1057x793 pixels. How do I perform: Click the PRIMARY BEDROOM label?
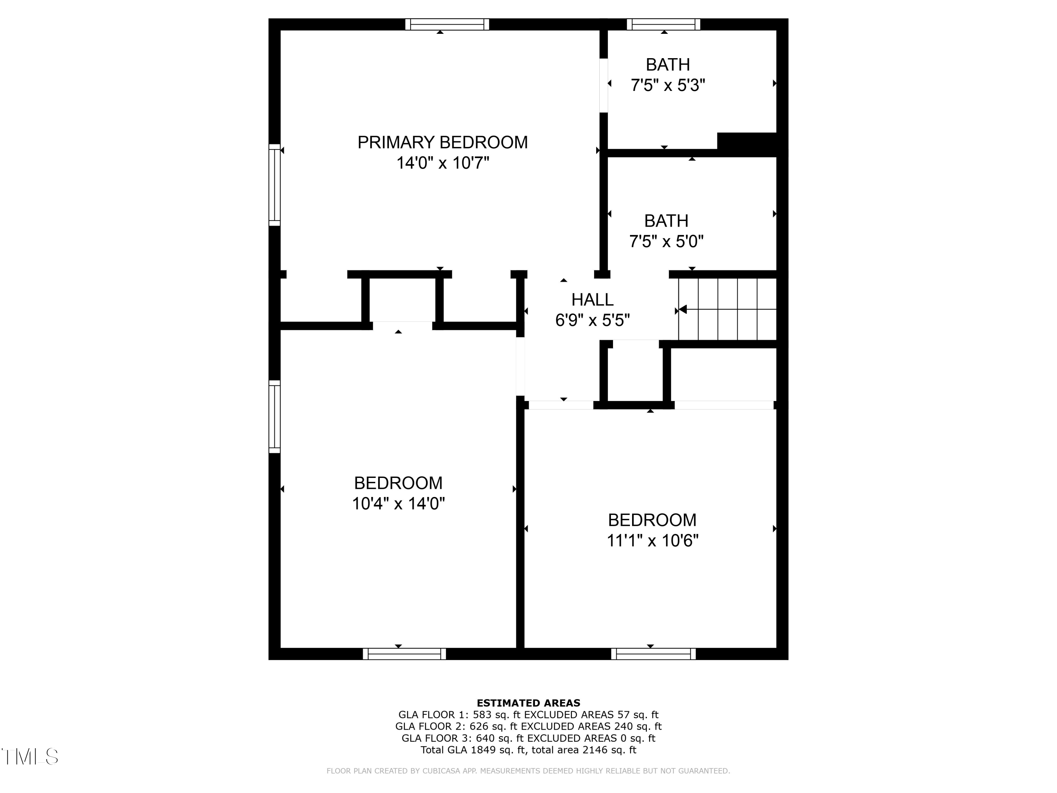pos(443,142)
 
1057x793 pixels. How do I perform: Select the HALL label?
pos(592,300)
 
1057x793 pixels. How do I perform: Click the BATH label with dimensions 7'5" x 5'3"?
pos(668,64)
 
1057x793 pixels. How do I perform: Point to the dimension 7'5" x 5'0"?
pos(666,242)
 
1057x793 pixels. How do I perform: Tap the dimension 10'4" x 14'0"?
pos(398,504)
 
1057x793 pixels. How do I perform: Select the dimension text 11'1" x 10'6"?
pos(652,541)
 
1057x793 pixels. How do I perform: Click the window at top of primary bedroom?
pos(447,24)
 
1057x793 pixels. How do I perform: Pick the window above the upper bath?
pos(663,24)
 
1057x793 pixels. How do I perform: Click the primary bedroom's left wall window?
pos(274,185)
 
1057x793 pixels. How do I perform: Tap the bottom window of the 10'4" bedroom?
pos(404,654)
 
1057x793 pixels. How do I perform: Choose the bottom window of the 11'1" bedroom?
pos(653,654)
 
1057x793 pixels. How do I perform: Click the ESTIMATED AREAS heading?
pos(528,703)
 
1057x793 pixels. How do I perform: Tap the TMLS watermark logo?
pos(30,757)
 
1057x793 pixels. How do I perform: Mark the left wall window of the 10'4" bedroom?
pos(274,416)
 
